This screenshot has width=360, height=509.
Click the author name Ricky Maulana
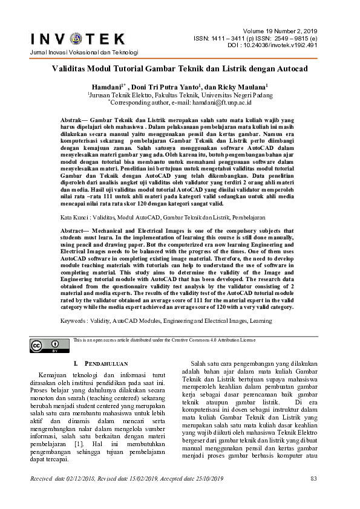[x=244, y=86]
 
